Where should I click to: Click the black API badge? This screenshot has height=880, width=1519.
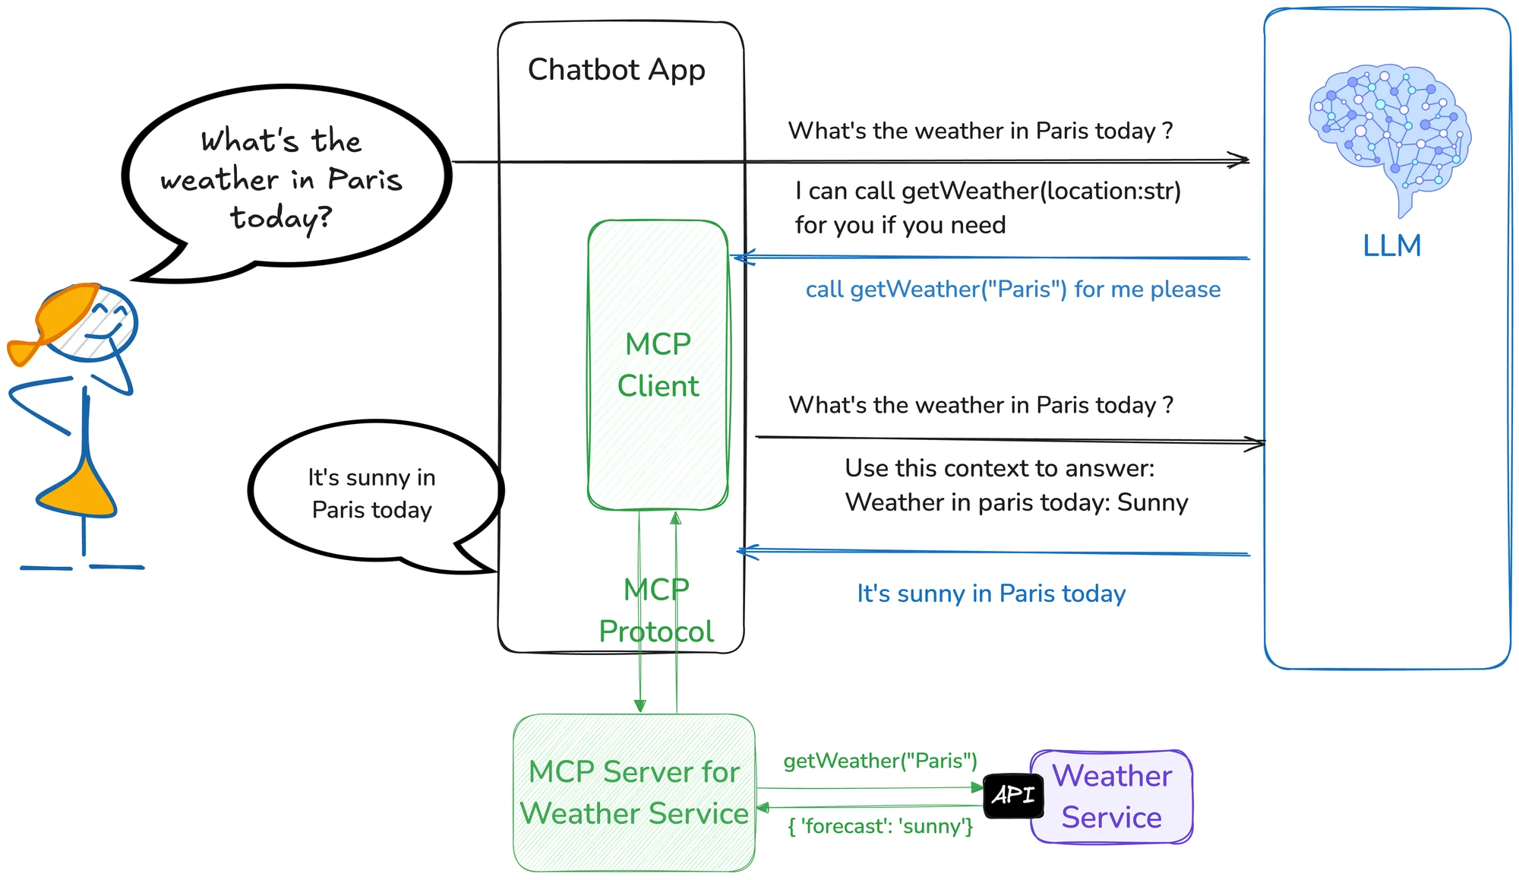point(1013,796)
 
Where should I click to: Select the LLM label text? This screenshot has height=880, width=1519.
point(1391,246)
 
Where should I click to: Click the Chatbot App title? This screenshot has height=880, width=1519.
point(616,70)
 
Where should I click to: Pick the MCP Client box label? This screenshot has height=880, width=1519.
point(658,365)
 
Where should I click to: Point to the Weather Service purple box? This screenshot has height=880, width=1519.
point(1112,796)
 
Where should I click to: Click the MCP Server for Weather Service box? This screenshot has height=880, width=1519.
point(634,793)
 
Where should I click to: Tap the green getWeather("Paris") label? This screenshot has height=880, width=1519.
point(880,761)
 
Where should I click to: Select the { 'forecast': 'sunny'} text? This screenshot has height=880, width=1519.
point(880,826)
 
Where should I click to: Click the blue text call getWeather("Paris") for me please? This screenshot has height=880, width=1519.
point(1012,290)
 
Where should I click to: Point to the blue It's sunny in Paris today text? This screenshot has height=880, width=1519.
point(991,594)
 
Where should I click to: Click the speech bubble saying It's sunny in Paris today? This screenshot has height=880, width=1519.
point(372,494)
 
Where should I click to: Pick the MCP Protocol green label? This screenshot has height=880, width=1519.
point(656,610)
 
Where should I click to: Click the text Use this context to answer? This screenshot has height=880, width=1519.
point(1000,468)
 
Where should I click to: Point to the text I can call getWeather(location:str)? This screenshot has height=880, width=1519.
point(988,191)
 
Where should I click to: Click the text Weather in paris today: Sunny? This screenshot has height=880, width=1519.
point(1016,502)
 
